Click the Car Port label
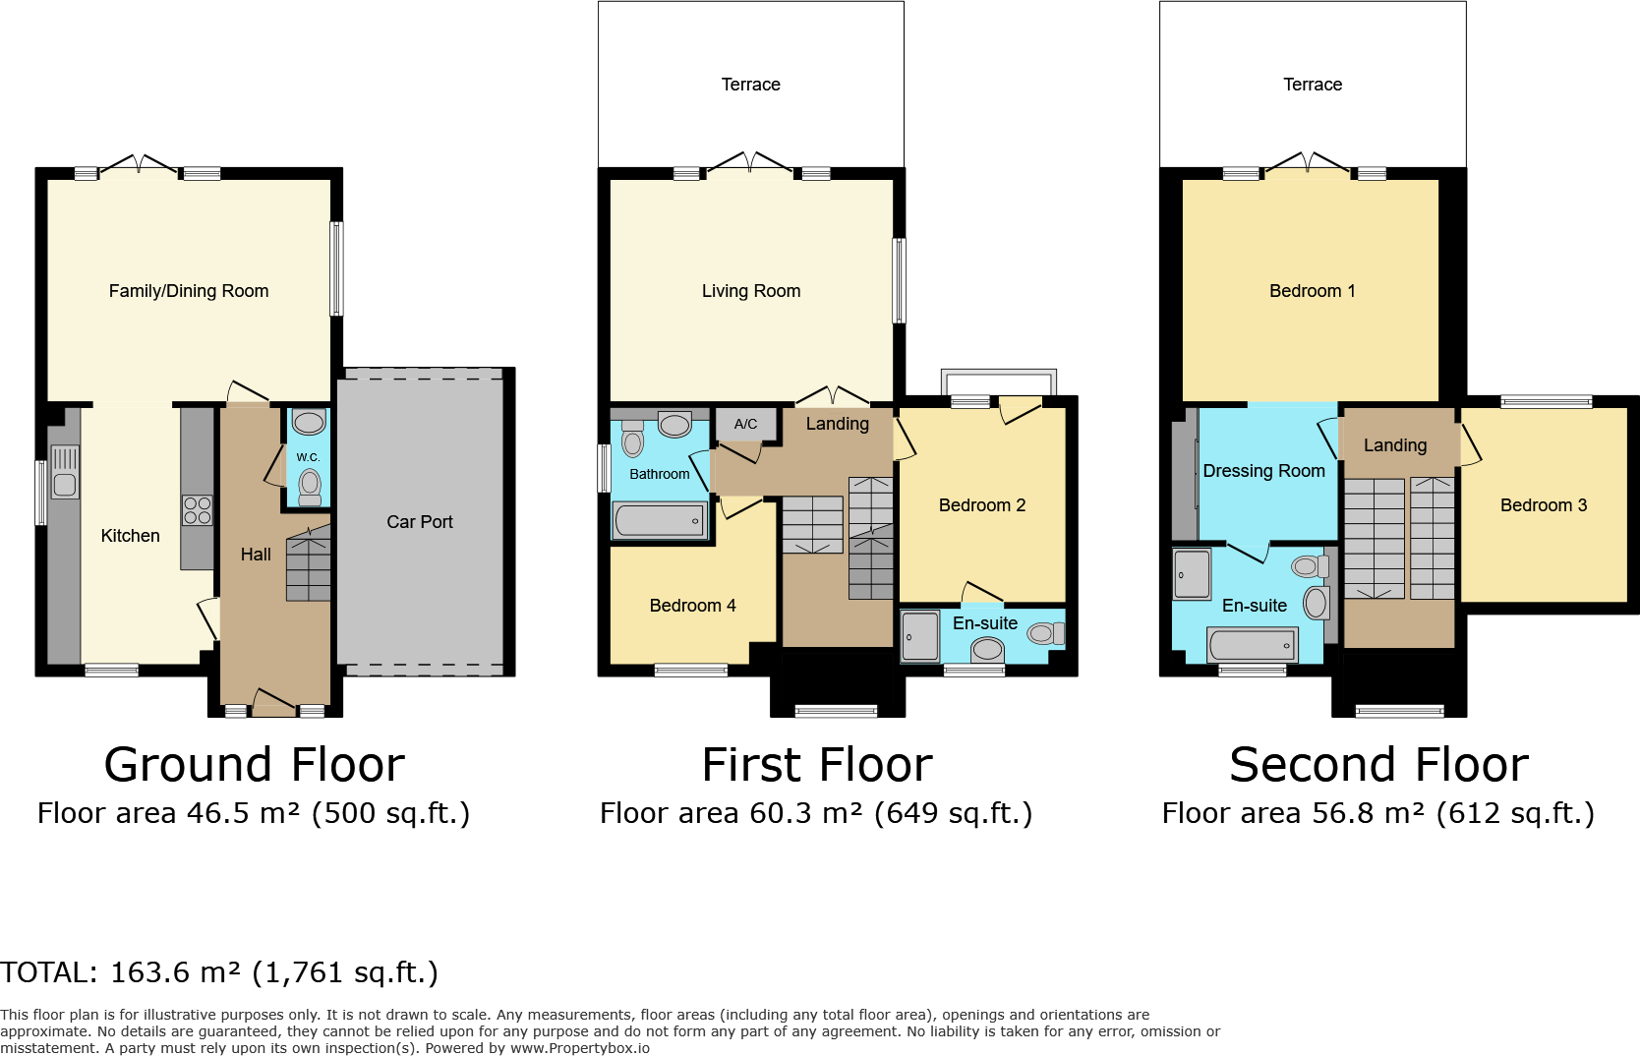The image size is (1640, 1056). pos(419,522)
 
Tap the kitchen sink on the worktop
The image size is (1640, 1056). pos(65,473)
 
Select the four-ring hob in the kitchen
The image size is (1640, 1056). pos(197,510)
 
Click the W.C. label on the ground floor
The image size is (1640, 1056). pos(308,457)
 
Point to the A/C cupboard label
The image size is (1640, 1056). pos(745,424)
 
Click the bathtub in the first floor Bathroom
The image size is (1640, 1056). pos(659,521)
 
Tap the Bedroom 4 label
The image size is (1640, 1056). pos(692,606)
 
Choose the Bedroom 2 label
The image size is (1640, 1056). pos(981,505)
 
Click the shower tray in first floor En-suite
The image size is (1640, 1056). pos(921,636)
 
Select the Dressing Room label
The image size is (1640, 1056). pos(1263,471)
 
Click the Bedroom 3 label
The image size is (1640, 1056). pos(1543,505)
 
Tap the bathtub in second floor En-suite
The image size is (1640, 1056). pos(1253,646)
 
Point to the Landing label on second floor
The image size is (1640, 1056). pos(1394,445)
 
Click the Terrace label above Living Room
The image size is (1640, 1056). pos(750,85)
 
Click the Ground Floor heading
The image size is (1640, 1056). pos(254,765)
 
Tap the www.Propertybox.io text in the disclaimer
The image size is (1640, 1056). pos(579,1048)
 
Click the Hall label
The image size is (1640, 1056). pos(256,555)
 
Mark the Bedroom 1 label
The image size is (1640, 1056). pos(1312,291)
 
